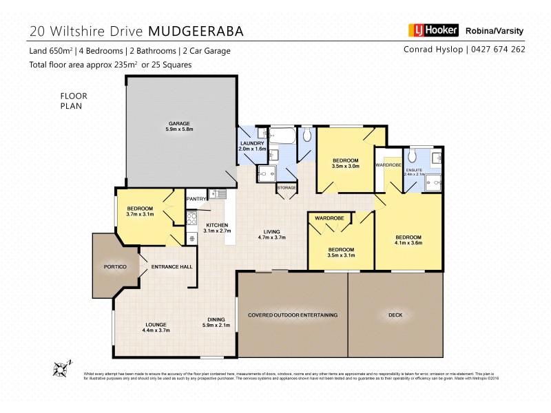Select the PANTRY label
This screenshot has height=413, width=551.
coord(196,200)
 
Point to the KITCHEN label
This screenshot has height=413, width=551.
coord(217,225)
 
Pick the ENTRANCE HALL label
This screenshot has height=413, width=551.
coord(171,266)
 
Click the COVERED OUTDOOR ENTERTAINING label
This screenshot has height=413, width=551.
coord(293,315)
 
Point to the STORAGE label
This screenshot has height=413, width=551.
coord(287,187)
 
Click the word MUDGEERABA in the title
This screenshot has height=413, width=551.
coord(196,31)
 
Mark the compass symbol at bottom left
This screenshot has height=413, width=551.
coord(62,368)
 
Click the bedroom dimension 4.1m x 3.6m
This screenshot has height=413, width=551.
coord(408,242)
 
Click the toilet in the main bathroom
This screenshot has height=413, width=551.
coord(307,136)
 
